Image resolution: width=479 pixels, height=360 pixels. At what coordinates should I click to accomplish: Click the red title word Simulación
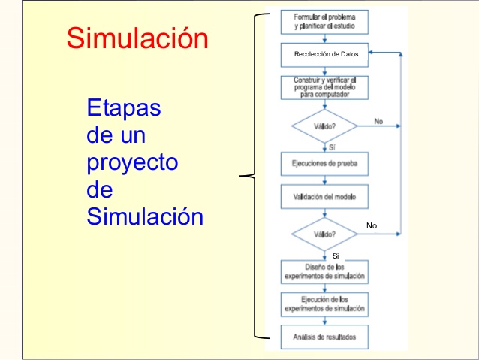coord(137,38)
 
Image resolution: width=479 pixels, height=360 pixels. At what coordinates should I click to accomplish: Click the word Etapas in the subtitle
coord(125,108)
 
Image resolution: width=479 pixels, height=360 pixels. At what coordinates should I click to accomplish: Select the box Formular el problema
coord(324,21)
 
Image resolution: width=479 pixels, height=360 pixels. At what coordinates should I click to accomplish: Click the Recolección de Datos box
coord(325,55)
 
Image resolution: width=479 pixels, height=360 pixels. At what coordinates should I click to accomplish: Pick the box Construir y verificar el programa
coord(324,87)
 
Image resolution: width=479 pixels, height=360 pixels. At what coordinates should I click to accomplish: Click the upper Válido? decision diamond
coord(324,126)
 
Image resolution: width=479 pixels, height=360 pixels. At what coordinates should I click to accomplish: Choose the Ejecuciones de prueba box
coord(324,163)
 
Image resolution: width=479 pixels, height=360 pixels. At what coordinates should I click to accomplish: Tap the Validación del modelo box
coord(324,198)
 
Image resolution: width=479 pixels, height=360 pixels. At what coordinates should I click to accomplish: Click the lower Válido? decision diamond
coord(324,234)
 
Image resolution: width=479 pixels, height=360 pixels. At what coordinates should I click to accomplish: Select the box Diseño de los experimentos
coord(324,271)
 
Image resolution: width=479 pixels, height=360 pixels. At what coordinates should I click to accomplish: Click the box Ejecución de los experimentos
coord(324,304)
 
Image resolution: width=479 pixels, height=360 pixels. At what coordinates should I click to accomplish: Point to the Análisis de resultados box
coord(324,336)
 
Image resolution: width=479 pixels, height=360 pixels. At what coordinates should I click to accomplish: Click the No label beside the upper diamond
coord(378,120)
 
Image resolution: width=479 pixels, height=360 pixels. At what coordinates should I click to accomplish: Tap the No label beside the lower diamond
coord(372,225)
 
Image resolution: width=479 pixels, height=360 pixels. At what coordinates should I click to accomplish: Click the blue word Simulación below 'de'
coord(145,217)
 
